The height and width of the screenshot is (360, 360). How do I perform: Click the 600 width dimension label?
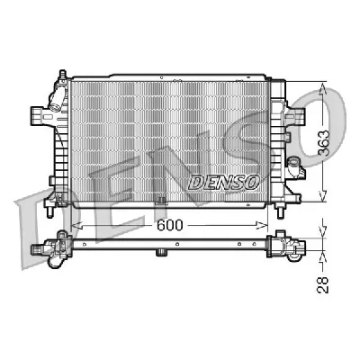(169, 225)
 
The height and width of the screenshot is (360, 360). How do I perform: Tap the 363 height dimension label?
(324, 143)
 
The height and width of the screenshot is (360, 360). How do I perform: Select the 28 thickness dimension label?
(323, 285)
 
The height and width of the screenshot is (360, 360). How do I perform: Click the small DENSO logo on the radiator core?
(224, 183)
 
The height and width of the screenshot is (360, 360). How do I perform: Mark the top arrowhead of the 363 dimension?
(323, 88)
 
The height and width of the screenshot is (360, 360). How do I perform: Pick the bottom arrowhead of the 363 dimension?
(323, 195)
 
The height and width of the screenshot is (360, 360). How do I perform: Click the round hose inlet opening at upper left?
(55, 107)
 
